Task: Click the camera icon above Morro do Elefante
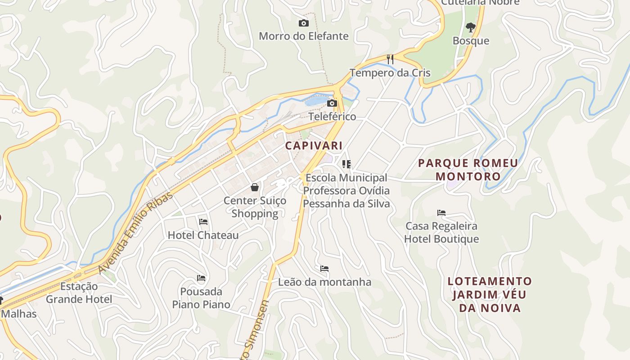tap(304, 23)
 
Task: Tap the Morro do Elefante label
tap(304, 36)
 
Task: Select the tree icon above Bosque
tap(471, 27)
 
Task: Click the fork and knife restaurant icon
tap(390, 59)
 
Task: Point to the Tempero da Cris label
tap(390, 73)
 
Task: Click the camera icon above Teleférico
tap(332, 103)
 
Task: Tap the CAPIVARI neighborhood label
tap(314, 146)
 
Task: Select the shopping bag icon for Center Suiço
tap(255, 187)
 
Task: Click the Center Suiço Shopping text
tap(255, 207)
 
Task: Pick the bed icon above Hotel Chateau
tap(203, 221)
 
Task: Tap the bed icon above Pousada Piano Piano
tap(201, 278)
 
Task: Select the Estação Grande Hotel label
tap(79, 292)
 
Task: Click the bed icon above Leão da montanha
tap(324, 269)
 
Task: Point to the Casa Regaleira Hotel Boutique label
tap(441, 232)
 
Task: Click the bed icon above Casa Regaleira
tap(441, 212)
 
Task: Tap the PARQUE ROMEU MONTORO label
tap(468, 170)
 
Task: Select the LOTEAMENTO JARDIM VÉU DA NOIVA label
tap(490, 295)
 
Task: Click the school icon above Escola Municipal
tap(346, 164)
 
